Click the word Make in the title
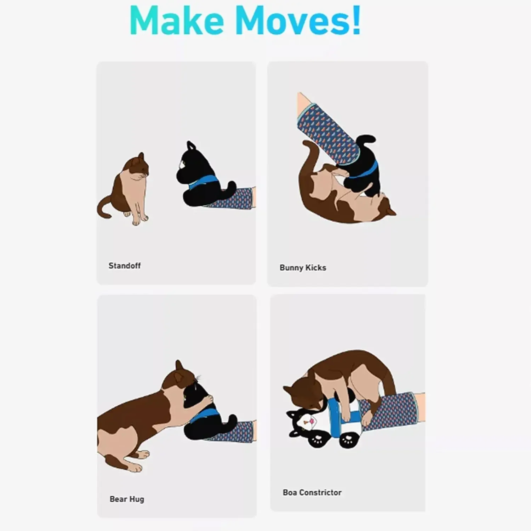pos(177,21)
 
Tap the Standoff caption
pos(125,266)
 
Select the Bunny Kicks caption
pos(303,268)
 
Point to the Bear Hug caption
pos(127,499)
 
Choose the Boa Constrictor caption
pos(312,492)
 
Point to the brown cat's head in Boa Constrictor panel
pos(301,393)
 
